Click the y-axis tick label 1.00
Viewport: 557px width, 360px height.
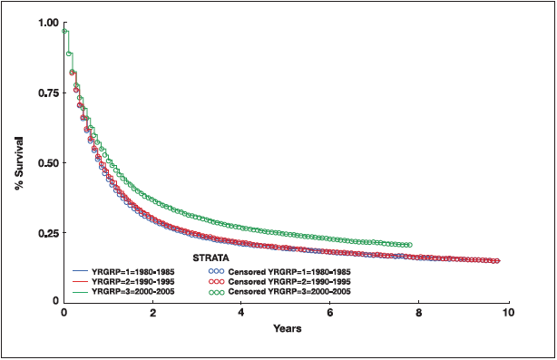tap(44, 23)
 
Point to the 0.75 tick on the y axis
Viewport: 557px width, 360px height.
tap(44, 92)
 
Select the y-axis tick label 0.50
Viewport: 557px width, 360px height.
tap(44, 163)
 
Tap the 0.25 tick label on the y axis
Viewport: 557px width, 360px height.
tap(44, 233)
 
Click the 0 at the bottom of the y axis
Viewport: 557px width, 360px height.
tap(54, 300)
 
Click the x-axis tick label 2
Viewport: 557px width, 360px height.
tap(152, 313)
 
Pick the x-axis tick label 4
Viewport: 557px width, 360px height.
tap(241, 313)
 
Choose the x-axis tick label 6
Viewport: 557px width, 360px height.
tap(330, 313)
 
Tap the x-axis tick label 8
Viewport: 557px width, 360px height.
tap(419, 313)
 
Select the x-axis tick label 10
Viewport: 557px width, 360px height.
tap(507, 313)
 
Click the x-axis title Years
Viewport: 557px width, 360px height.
tap(287, 327)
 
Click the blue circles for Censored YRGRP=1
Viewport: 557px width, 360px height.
tap(215, 271)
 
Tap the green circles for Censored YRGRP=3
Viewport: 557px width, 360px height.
tap(215, 291)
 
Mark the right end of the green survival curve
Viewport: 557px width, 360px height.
tap(409, 245)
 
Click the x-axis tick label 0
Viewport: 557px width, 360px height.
tap(64, 313)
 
